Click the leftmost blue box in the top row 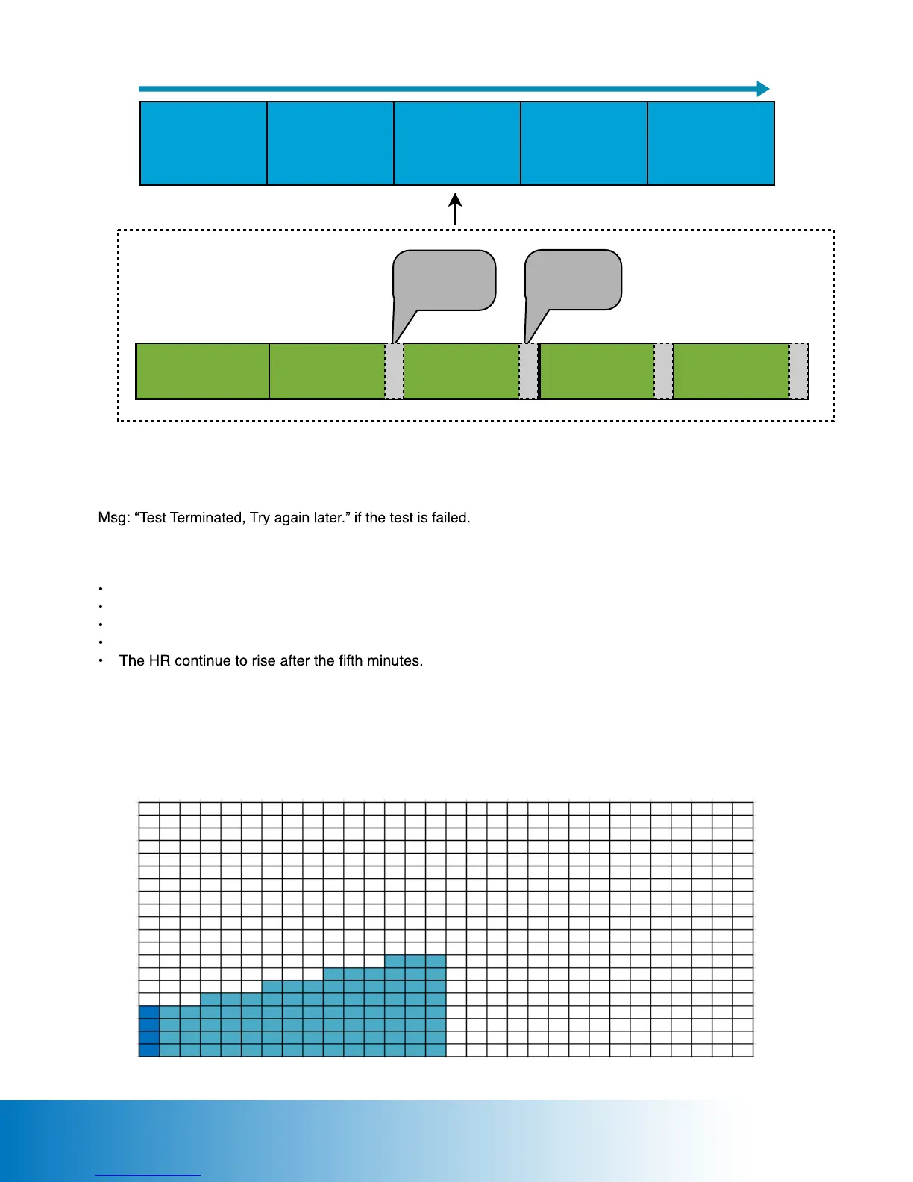204,143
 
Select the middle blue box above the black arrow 457,143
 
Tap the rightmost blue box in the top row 711,143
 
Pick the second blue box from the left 330,143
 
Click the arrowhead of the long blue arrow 762,89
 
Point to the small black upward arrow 455,209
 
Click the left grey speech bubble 445,280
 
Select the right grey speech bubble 574,280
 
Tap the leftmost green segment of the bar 202,372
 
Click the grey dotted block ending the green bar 798,372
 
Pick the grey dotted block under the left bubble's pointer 394,372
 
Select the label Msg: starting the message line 114,518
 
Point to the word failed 451,518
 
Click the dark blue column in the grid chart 149,1031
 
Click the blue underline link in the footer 148,1175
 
